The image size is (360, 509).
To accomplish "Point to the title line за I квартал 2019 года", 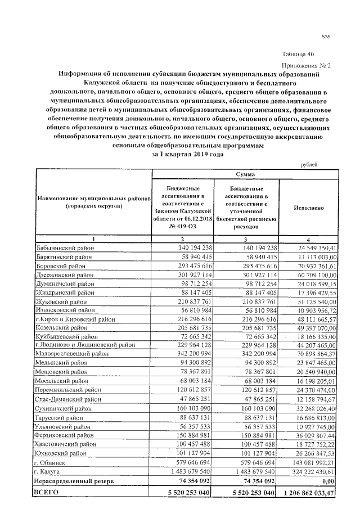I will pos(188,154).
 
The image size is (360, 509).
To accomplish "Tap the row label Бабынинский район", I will pos(63,247).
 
